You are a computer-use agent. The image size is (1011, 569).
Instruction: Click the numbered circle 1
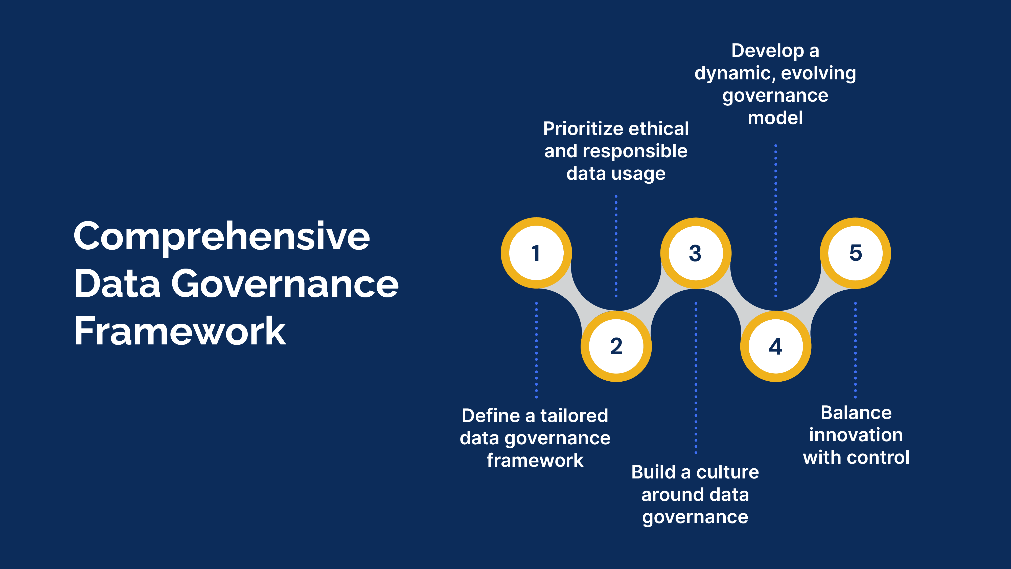536,253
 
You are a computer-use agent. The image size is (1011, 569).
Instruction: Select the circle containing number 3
696,253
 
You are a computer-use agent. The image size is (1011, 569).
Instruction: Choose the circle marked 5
855,253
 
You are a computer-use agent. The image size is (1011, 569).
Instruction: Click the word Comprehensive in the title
221,237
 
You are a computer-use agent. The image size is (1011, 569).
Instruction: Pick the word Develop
768,51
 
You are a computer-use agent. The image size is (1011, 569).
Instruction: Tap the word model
775,118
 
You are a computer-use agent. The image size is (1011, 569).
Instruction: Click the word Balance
856,413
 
